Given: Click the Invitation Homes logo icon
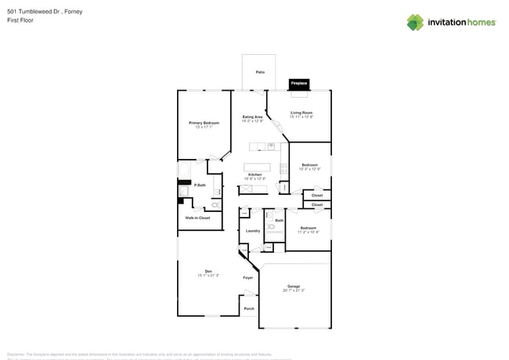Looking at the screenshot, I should pyautogui.click(x=415, y=23).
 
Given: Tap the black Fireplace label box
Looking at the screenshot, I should pyautogui.click(x=299, y=83).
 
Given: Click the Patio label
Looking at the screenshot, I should pyautogui.click(x=260, y=72).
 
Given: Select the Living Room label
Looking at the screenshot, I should pyautogui.click(x=301, y=113).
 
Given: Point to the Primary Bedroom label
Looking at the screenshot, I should pyautogui.click(x=204, y=123).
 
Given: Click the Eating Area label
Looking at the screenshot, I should pyautogui.click(x=252, y=117).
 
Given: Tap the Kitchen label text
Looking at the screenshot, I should pyautogui.click(x=254, y=175).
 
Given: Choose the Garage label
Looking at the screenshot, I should pyautogui.click(x=294, y=286).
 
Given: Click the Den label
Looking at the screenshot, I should pyautogui.click(x=208, y=272).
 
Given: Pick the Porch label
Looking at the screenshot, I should pyautogui.click(x=249, y=308).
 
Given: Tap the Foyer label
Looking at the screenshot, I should pyautogui.click(x=247, y=278).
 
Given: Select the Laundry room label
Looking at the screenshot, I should pyautogui.click(x=253, y=231).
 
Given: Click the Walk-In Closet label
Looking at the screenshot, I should pyautogui.click(x=197, y=218).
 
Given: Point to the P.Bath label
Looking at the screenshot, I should pyautogui.click(x=200, y=185).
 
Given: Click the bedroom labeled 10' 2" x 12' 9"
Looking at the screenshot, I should pyautogui.click(x=309, y=165).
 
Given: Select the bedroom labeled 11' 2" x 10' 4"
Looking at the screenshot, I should pyautogui.click(x=309, y=229).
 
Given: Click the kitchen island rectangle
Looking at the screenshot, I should pyautogui.click(x=257, y=167).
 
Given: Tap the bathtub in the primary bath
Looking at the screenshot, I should pyautogui.click(x=184, y=170).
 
